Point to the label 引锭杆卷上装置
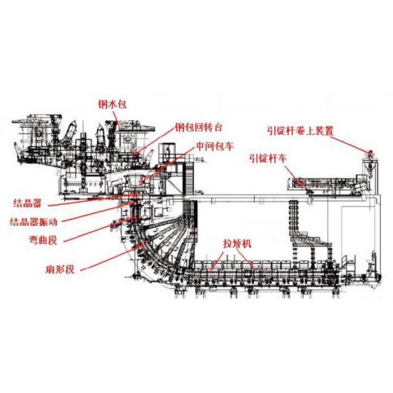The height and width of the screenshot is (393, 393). coord(301,130)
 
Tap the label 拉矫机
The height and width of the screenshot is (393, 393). coord(237,244)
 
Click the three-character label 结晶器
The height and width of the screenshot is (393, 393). coord(30,202)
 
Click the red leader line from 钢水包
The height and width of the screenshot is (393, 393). coord(115,117)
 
